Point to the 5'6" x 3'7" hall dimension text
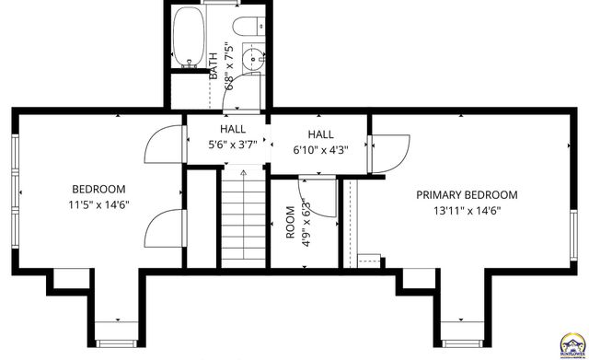coord(232,145)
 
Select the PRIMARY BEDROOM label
coord(466,195)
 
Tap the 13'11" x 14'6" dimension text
coord(466,210)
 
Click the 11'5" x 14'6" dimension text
coord(97,204)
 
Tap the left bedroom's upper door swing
coord(162,145)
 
